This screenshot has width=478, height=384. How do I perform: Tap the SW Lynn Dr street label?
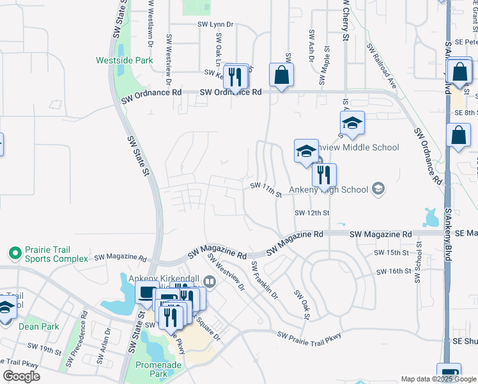[215, 24]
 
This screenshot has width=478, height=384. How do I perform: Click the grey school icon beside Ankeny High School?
[378, 189]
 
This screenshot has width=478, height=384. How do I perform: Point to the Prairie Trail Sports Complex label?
[56, 254]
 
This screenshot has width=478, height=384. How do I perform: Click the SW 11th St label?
[266, 189]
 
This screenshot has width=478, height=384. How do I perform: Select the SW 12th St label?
[312, 212]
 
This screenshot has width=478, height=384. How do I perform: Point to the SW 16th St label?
[392, 271]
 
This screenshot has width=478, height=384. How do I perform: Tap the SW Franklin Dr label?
[265, 280]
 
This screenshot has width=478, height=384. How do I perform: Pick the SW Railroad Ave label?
[382, 67]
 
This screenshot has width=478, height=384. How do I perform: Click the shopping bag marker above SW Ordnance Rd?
[281, 76]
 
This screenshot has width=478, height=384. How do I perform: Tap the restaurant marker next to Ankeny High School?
[324, 174]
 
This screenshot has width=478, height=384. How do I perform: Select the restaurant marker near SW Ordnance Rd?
[236, 77]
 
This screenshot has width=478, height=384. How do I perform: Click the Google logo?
[22, 376]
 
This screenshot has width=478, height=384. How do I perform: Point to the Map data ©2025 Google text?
[438, 379]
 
